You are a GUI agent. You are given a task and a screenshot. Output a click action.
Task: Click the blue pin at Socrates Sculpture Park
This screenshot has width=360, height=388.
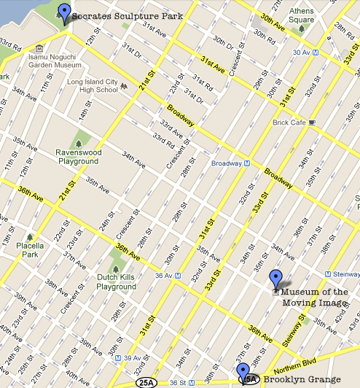[65, 12]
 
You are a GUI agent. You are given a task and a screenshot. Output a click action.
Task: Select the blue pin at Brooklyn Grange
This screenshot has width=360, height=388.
[243, 372]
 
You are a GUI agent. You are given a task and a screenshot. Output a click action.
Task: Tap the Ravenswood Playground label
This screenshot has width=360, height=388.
[75, 157]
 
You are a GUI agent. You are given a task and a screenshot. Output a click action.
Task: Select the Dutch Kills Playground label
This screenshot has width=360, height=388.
[117, 282]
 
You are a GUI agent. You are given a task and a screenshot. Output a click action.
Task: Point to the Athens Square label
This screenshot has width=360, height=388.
[302, 15]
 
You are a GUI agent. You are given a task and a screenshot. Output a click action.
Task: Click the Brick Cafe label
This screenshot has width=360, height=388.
[289, 123]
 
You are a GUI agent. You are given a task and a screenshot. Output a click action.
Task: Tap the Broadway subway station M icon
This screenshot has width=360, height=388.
[247, 164]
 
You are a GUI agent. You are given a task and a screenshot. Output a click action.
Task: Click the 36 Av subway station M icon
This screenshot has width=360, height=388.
[192, 274]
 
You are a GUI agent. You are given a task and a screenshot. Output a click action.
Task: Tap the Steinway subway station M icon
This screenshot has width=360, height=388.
[328, 274]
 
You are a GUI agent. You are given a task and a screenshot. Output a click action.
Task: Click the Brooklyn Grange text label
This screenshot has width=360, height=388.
[302, 380]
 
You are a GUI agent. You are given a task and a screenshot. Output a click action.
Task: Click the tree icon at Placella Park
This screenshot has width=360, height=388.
[30, 237]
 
